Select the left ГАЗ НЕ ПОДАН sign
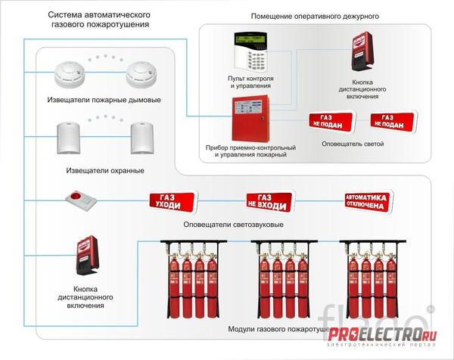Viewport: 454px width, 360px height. [x=330, y=121]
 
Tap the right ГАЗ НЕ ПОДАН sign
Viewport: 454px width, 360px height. [x=392, y=121]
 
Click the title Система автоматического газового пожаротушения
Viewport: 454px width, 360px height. [x=98, y=20]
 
